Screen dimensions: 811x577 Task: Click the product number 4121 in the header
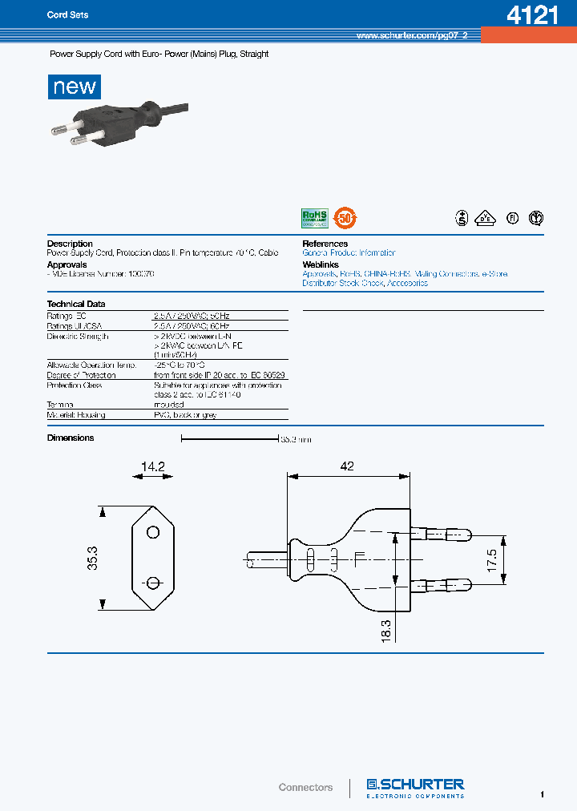pos(532,15)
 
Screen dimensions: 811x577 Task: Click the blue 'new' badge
pos(75,87)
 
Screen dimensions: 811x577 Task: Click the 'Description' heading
pos(70,244)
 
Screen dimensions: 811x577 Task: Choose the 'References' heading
pos(325,244)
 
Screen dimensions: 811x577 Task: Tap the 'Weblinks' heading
pos(321,264)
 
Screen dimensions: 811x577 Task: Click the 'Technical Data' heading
pos(76,305)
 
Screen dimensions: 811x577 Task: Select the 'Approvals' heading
pos(67,264)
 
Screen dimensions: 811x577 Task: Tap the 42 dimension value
pos(346,466)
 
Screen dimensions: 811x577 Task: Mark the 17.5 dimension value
pos(492,559)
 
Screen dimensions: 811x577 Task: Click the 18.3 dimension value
pos(385,627)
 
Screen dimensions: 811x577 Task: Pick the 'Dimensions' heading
pos(71,438)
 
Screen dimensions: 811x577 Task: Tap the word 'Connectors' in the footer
pos(305,788)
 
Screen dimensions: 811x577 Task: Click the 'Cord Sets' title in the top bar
pos(68,15)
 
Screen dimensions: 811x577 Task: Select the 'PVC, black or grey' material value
pos(185,415)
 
